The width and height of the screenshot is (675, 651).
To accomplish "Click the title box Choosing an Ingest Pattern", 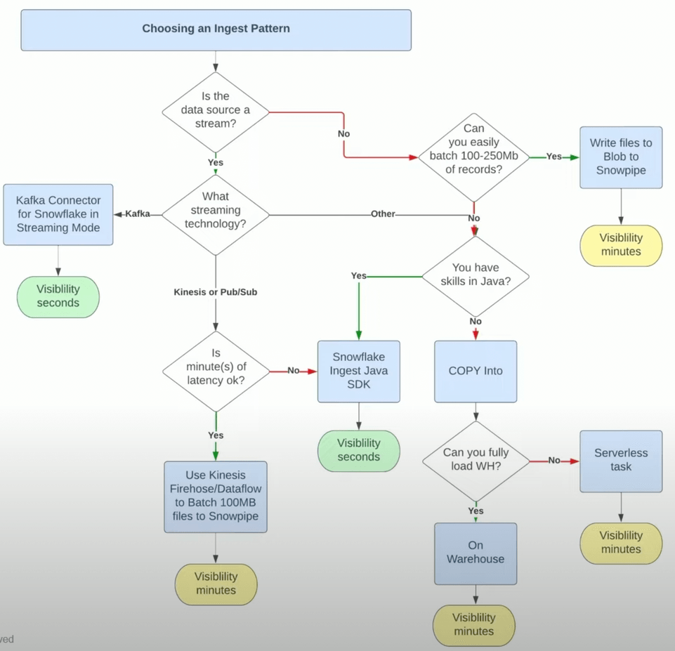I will tap(216, 29).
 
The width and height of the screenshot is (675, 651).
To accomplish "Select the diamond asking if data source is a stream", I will tap(216, 111).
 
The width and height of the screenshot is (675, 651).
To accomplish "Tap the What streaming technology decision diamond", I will tap(216, 211).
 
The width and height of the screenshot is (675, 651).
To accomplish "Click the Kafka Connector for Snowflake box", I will tap(58, 214).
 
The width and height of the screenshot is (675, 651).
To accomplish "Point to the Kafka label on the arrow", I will tap(138, 213).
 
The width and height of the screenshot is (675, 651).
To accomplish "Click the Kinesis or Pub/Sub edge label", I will tap(216, 291).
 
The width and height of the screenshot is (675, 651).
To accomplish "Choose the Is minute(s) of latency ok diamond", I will tap(216, 371).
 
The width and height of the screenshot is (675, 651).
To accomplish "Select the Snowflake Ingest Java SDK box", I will tap(358, 371).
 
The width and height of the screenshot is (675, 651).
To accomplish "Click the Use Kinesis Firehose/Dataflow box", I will tap(216, 496).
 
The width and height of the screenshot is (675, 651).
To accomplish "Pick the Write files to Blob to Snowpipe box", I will tap(621, 157).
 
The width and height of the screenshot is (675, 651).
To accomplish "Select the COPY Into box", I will tap(476, 371).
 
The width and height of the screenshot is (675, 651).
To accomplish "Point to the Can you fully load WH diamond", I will tap(476, 460).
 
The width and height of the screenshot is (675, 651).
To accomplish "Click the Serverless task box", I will tap(621, 460).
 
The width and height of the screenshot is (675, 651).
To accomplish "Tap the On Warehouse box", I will tap(476, 553).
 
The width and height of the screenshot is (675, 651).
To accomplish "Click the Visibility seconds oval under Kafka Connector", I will tap(58, 296).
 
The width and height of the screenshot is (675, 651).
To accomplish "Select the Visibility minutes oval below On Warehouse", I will tap(474, 624).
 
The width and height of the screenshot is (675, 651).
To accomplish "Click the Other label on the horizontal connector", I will tap(384, 213).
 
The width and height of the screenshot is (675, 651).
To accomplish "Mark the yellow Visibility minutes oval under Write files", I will tap(621, 245).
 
